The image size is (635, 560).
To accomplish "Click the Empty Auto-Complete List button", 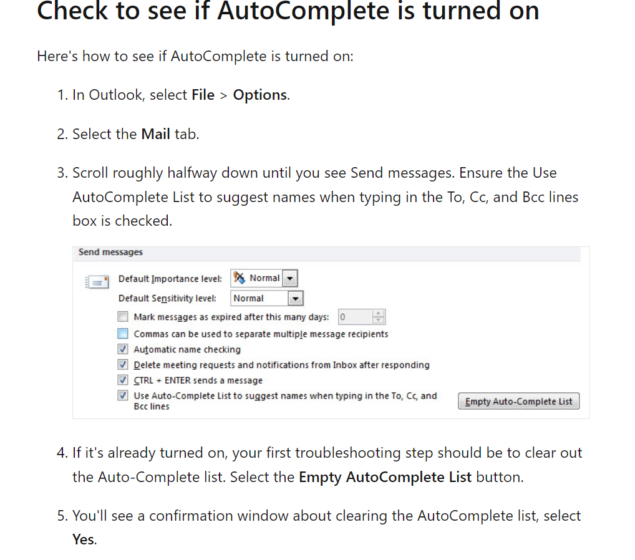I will coord(519,401).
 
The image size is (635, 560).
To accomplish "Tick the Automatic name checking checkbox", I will coord(123,349).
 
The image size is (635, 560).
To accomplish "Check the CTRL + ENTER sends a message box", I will coord(123,380).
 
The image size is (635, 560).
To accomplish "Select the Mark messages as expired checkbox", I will coord(123,317).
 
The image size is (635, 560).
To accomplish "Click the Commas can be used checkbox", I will coord(123,334).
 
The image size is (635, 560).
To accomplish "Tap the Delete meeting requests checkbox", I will coord(123,364).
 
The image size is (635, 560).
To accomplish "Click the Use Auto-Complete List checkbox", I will coord(123,395).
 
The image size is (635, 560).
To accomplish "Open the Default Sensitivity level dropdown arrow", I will coord(296,298).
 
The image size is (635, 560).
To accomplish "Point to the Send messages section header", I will coord(110,252).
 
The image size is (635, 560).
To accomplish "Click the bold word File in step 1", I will coord(203,95).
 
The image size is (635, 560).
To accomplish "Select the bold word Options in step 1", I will coord(259,95).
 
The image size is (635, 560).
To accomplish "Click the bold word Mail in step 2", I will coord(156,133).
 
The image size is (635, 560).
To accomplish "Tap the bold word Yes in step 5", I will coord(83,539).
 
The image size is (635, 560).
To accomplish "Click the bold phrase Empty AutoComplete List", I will coord(385,477).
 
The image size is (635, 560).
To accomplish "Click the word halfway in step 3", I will coord(191,173).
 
